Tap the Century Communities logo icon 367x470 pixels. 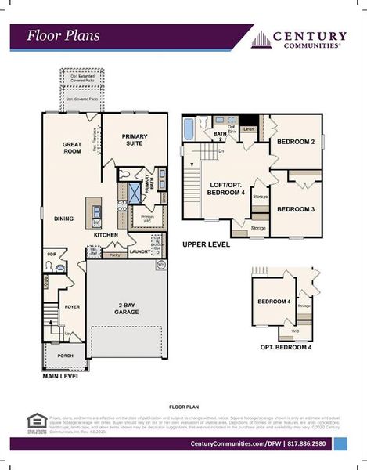[261, 40]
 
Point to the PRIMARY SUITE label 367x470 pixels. [135, 139]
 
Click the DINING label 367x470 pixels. [64, 219]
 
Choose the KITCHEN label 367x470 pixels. [106, 234]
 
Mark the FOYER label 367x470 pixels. [72, 307]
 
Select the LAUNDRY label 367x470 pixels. [140, 252]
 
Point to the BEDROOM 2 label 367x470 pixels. [297, 142]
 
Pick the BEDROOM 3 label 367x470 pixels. [296, 209]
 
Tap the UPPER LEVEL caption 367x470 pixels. [206, 244]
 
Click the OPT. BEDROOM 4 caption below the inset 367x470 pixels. [286, 346]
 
